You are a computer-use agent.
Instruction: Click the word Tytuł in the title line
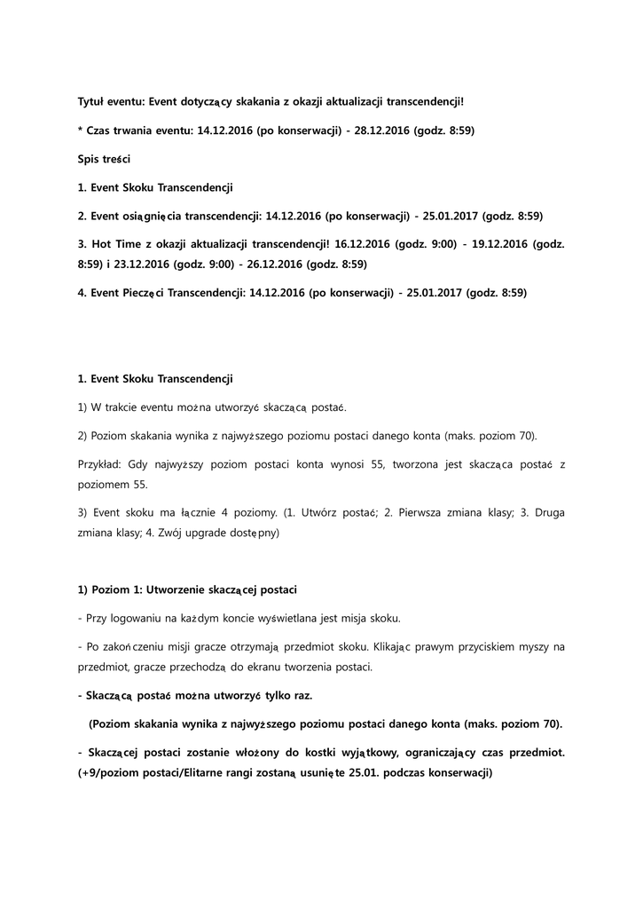93,101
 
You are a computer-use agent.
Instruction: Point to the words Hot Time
115,243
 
